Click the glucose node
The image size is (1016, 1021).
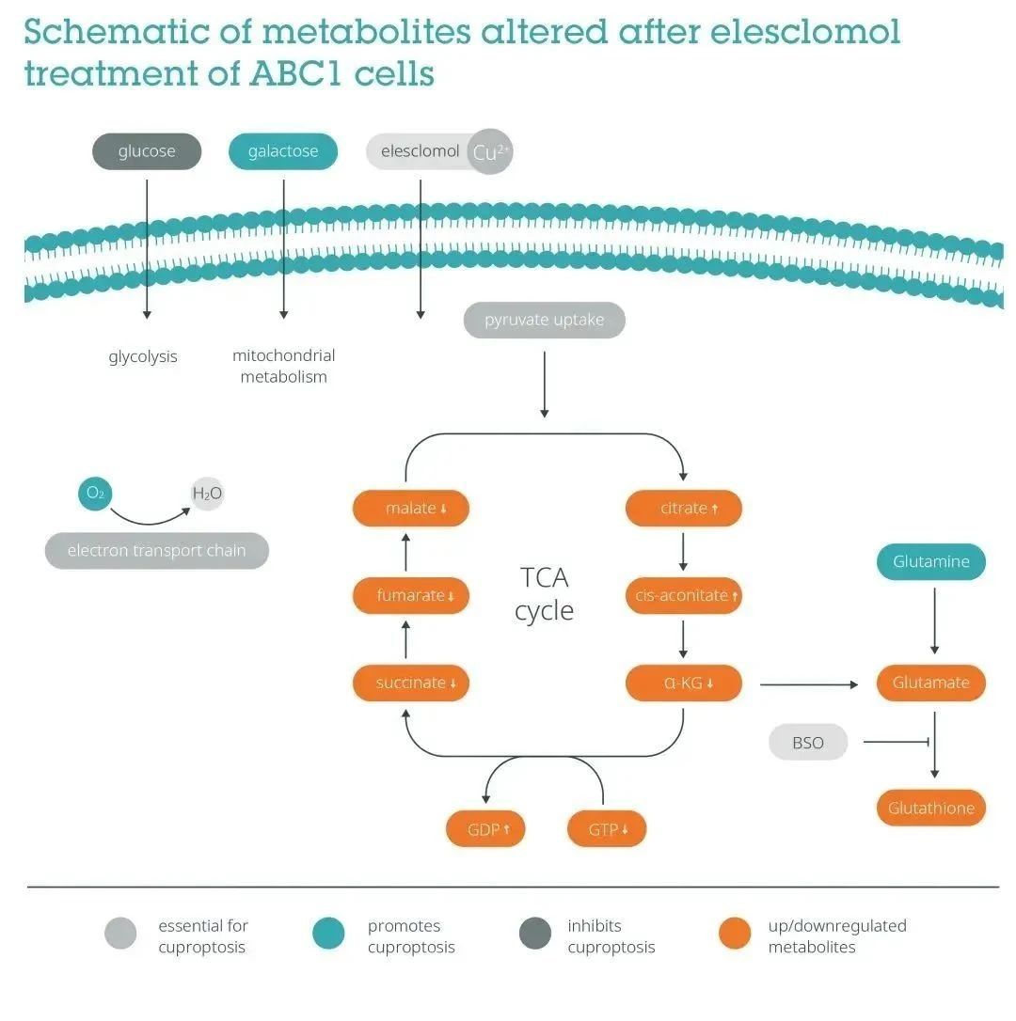point(147,151)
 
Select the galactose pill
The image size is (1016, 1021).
point(283,151)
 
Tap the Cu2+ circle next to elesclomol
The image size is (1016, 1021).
point(490,152)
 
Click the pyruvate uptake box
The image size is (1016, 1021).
point(544,321)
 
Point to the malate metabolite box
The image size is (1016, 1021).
point(410,509)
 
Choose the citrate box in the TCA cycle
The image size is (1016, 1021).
point(684,509)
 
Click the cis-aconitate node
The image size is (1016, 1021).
point(684,595)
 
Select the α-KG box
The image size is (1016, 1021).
point(684,683)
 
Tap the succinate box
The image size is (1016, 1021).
point(410,683)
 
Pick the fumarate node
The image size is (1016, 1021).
point(410,595)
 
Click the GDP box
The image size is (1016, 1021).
point(484,829)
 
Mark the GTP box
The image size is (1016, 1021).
point(607,829)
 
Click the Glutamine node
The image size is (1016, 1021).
point(931,562)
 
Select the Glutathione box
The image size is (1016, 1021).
point(931,808)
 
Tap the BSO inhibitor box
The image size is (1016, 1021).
point(808,743)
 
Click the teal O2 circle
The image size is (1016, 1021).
point(95,493)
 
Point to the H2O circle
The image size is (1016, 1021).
point(207,493)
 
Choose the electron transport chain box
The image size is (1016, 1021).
point(157,551)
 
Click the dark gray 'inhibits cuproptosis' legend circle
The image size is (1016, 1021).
point(535,935)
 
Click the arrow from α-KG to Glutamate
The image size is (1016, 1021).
point(809,683)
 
